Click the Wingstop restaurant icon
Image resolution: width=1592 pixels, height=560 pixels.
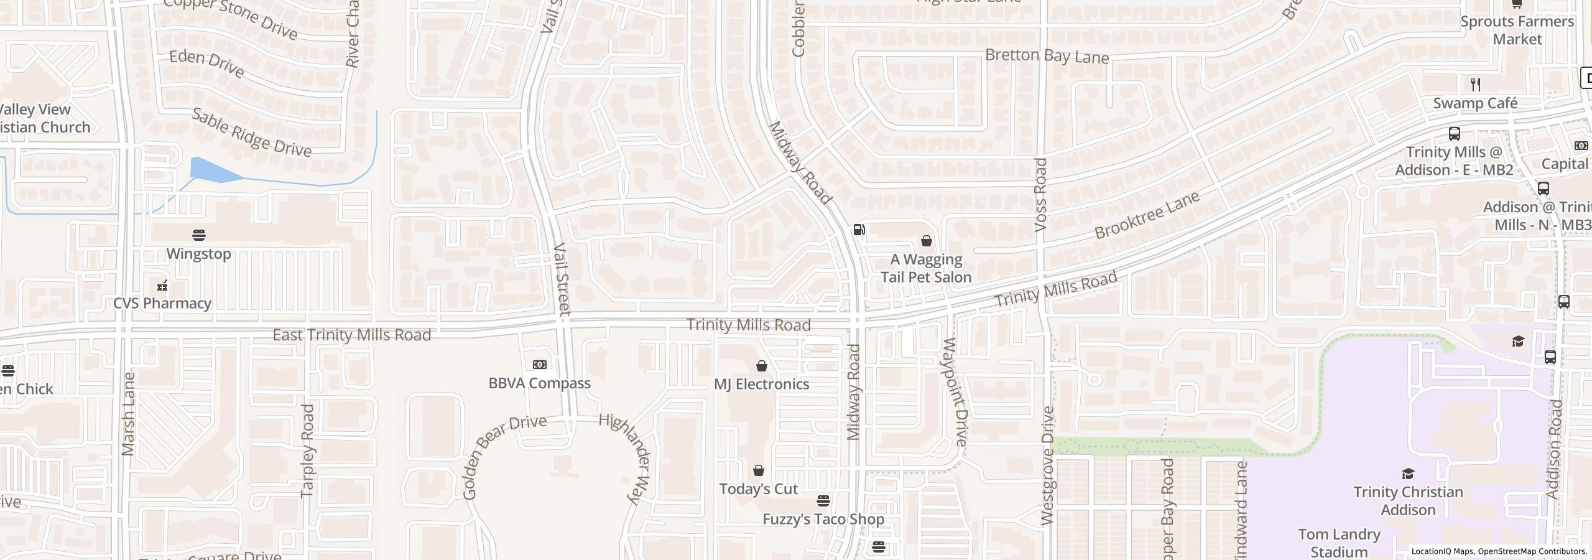[x=199, y=235]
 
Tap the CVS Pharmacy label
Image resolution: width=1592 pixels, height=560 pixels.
[x=162, y=303]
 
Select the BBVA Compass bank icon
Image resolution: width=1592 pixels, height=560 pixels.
[x=539, y=365]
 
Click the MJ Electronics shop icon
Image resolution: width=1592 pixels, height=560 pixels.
[x=761, y=366]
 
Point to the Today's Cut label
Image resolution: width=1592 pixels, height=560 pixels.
[x=758, y=489]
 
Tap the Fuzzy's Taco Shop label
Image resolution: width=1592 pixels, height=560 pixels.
[x=823, y=519]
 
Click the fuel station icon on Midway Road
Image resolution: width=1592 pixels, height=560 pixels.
[x=859, y=230]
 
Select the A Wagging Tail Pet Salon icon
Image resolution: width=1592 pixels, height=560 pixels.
[x=926, y=241]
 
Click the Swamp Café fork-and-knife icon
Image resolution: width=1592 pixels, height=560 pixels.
[x=1475, y=84]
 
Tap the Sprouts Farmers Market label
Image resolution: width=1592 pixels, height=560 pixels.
[x=1517, y=30]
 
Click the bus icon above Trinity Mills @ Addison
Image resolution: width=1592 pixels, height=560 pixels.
[x=1454, y=134]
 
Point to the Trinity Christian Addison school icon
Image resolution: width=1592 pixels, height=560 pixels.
[x=1408, y=474]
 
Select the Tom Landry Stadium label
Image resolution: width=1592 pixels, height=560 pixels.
[x=1339, y=543]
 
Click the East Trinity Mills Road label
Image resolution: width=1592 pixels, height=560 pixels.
[x=351, y=335]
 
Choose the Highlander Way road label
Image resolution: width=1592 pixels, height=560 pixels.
[x=626, y=458]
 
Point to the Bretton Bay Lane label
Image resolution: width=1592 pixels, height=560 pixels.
[x=1047, y=56]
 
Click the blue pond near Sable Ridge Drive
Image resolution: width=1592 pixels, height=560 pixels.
[x=211, y=170]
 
